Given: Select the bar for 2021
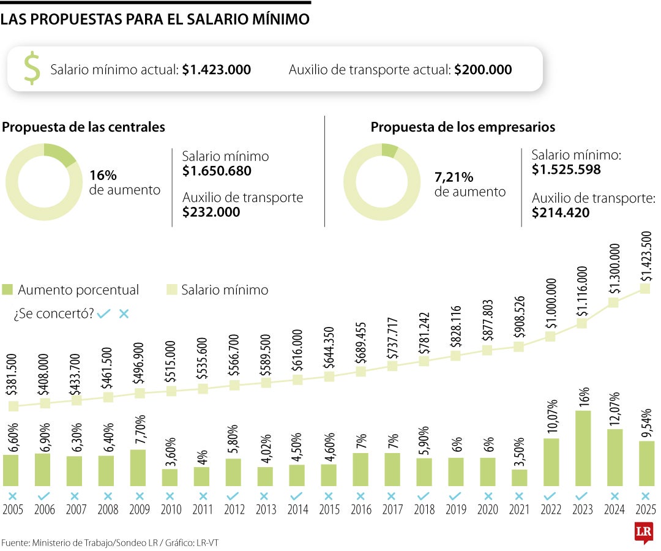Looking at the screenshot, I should pos(520,478).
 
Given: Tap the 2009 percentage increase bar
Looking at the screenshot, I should pos(139,468).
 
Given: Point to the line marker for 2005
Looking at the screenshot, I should pos(13,407).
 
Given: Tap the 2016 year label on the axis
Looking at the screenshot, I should pos(360,510).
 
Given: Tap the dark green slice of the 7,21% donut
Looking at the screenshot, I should pos(390,150).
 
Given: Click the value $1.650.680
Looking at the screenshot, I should pos(217,171).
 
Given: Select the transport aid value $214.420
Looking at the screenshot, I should pos(561,212).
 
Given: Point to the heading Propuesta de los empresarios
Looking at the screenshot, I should pos(463,127).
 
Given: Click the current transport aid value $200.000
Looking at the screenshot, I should pos(483,70).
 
